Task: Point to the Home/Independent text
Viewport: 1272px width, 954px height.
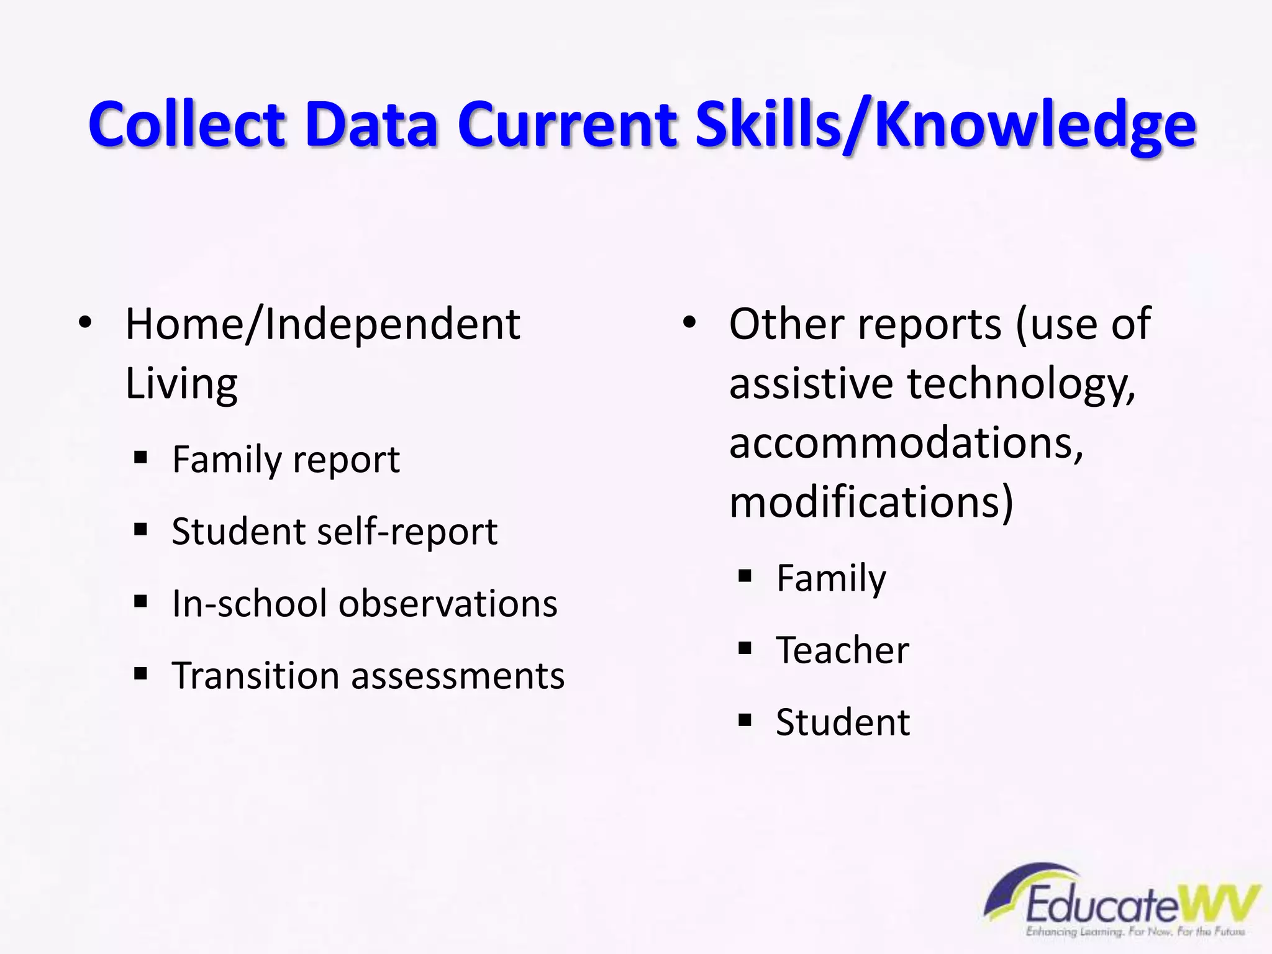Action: click(x=322, y=324)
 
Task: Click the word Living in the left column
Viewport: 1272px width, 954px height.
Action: click(x=181, y=384)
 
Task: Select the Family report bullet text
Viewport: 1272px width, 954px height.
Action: click(x=286, y=460)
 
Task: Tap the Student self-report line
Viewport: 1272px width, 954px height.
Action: click(x=334, y=532)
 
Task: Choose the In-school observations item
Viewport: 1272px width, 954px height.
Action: click(x=365, y=604)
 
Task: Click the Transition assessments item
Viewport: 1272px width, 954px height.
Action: click(x=368, y=676)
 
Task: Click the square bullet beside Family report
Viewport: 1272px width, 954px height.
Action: click(x=141, y=458)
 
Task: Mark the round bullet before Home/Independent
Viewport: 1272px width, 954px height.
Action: click(x=85, y=323)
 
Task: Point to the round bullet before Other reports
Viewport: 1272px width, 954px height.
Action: click(x=689, y=323)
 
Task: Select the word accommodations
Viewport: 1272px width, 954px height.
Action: click(x=906, y=443)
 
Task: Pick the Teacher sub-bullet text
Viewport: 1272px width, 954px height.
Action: click(x=842, y=650)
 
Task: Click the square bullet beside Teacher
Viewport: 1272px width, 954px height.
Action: click(x=745, y=648)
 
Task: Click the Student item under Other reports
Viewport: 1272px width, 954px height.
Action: click(x=843, y=722)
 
